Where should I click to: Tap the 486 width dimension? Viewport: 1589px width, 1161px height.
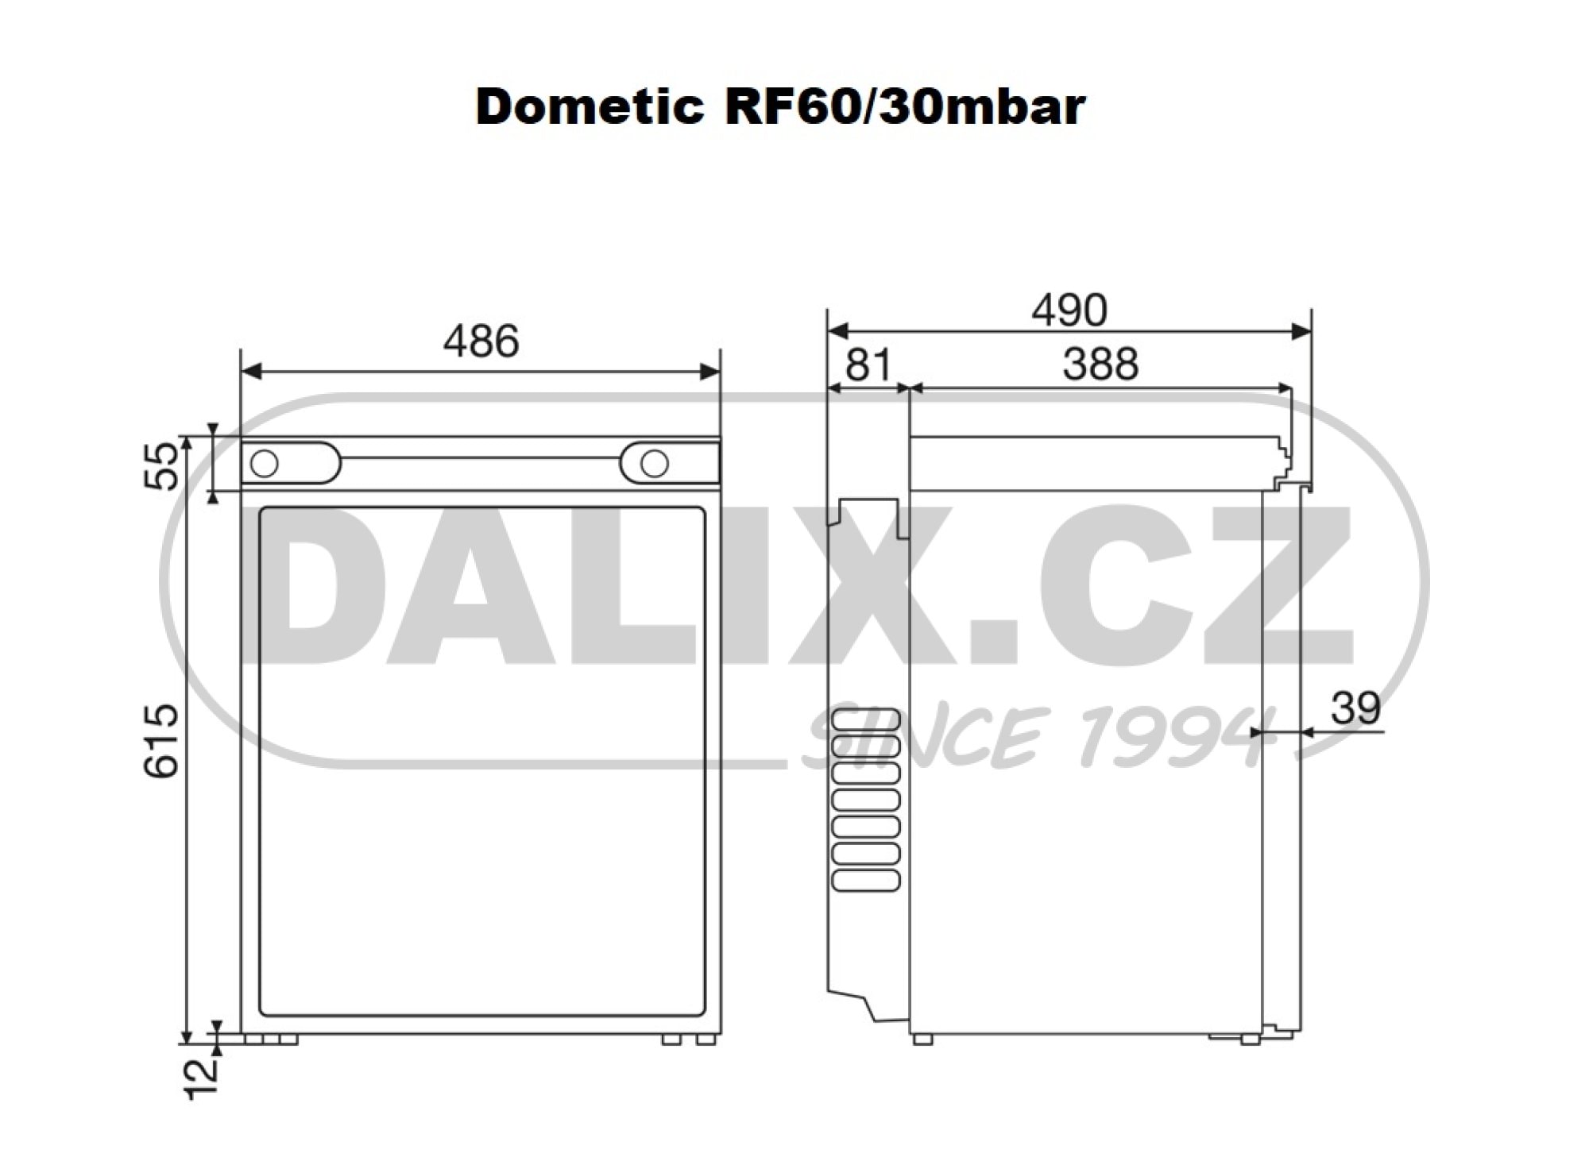481,341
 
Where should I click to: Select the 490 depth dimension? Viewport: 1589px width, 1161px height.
1069,310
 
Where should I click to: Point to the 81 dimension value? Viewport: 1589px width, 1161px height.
868,364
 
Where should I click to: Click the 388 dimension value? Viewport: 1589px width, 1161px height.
1100,364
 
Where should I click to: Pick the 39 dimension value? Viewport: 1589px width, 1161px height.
1355,708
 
